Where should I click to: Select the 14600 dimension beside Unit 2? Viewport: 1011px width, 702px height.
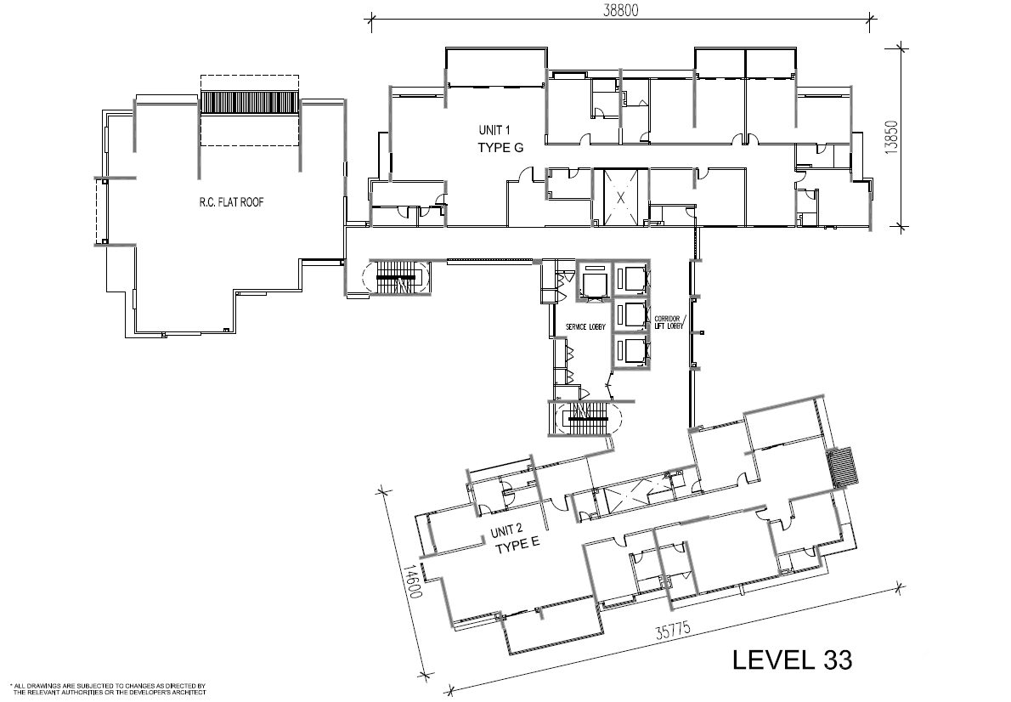tap(413, 582)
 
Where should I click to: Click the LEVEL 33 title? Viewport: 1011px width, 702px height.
tap(793, 660)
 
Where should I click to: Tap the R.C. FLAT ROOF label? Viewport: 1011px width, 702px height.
tap(231, 202)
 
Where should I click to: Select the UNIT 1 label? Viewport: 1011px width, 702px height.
tap(494, 131)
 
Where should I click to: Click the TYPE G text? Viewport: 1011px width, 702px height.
tap(500, 148)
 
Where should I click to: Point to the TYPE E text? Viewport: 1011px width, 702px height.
tap(517, 547)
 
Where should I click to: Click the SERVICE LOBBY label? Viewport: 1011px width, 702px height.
tap(585, 327)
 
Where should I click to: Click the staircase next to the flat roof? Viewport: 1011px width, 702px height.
tap(398, 277)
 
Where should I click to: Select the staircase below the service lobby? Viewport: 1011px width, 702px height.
tap(585, 419)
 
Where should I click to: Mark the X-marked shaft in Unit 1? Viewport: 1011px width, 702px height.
tap(620, 197)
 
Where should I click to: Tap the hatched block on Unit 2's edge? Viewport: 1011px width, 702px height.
tap(844, 467)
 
